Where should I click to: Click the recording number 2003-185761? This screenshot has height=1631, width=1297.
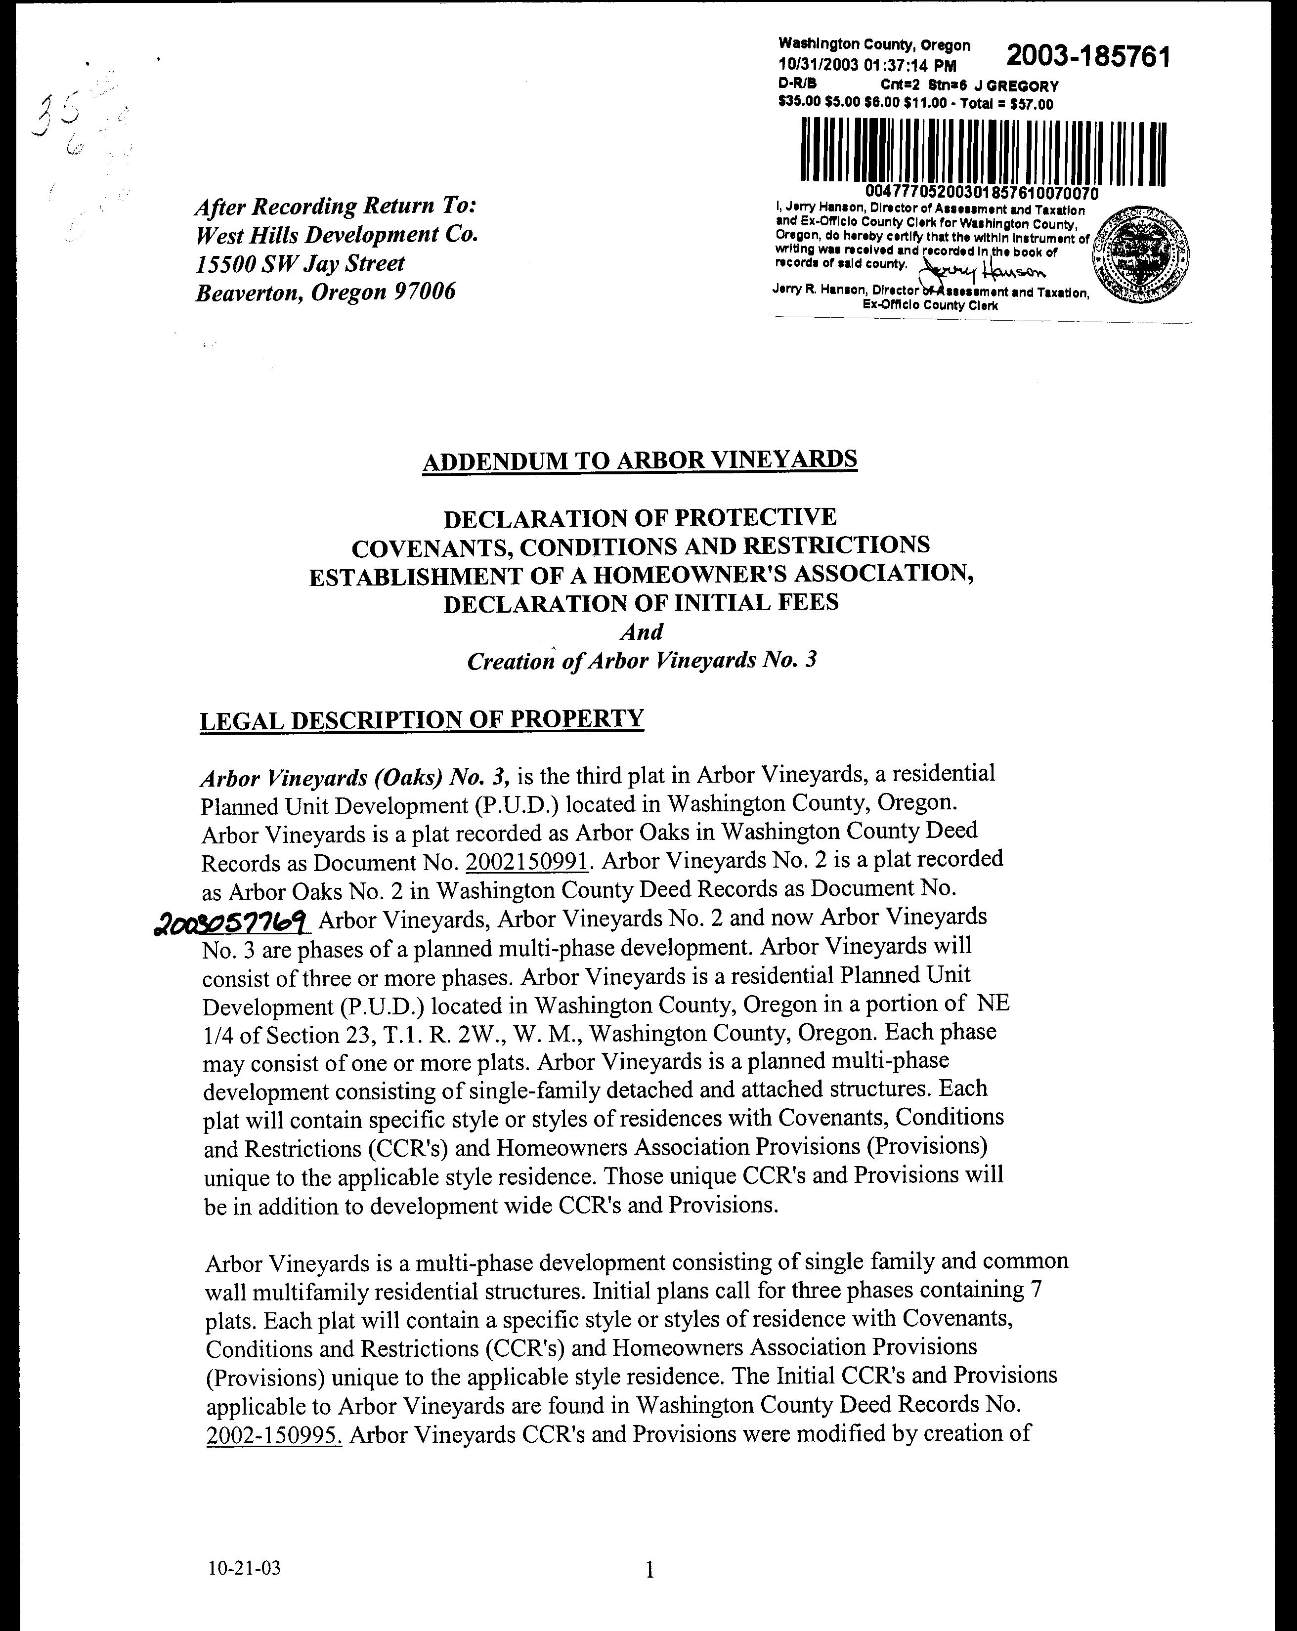[1088, 57]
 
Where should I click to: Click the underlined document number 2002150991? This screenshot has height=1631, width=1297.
[527, 862]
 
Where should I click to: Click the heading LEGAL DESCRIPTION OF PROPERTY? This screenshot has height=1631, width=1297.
[422, 719]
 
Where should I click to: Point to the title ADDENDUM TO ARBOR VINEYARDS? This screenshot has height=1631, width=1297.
[640, 460]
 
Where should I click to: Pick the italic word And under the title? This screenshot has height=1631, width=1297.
[641, 631]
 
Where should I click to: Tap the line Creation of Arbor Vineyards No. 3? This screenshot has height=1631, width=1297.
[642, 661]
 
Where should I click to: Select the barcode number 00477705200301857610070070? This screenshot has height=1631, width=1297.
[982, 194]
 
